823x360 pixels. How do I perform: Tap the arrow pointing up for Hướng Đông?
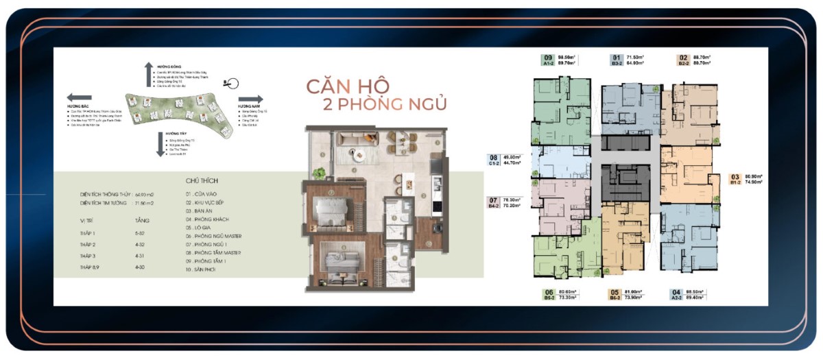pyautogui.click(x=147, y=73)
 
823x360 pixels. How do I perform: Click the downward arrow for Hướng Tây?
pyautogui.click(x=160, y=143)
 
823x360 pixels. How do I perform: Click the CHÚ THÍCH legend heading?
pyautogui.click(x=201, y=181)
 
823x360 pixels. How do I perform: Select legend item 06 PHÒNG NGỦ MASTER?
pyautogui.click(x=214, y=235)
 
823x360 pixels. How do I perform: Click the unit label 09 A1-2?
pyautogui.click(x=547, y=60)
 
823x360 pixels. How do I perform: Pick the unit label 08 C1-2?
pyautogui.click(x=493, y=160)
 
